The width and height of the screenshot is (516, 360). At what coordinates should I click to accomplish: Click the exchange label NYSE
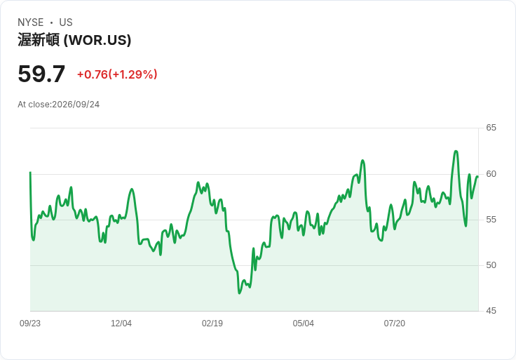click(31, 22)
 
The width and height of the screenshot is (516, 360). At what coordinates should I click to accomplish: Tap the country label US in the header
click(66, 22)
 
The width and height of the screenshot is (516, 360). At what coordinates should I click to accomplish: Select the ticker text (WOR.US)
click(97, 40)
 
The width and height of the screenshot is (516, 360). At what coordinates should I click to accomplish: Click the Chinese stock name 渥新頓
click(39, 40)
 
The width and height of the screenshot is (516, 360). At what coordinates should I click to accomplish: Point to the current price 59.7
click(41, 74)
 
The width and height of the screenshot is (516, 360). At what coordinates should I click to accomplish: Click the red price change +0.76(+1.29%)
click(117, 74)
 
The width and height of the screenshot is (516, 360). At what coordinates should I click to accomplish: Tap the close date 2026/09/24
click(76, 105)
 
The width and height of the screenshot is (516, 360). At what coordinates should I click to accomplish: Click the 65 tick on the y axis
click(491, 128)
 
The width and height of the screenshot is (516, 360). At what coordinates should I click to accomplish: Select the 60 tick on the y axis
click(491, 174)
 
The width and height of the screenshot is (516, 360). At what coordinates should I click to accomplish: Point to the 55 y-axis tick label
click(491, 220)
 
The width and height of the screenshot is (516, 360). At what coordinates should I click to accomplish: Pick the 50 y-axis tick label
click(491, 265)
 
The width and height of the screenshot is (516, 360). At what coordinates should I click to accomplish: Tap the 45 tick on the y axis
click(491, 311)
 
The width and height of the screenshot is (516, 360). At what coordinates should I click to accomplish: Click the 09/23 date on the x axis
click(30, 324)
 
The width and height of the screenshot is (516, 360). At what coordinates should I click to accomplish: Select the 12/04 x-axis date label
click(121, 324)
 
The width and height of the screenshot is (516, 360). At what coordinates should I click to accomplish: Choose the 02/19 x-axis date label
click(212, 324)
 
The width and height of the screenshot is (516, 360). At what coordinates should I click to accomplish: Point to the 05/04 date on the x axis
click(303, 324)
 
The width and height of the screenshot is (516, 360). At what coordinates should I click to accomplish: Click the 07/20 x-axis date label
click(394, 324)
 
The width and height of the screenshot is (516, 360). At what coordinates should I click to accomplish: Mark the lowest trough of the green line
click(239, 293)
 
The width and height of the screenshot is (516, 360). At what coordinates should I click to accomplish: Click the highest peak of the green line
click(456, 151)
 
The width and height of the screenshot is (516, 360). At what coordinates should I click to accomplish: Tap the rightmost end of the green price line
click(477, 177)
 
